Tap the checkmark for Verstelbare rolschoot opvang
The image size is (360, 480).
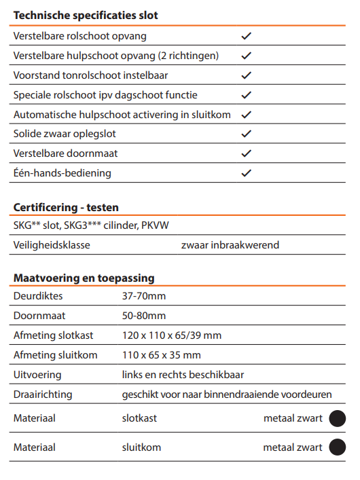point(247,36)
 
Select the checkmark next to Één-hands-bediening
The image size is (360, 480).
point(247,173)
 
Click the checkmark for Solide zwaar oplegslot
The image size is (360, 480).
point(247,134)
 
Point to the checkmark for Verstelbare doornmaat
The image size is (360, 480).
point(247,153)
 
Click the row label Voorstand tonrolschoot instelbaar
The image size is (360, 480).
point(90,75)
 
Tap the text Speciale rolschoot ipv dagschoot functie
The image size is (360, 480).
point(105,95)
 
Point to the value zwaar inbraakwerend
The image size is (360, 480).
point(230,245)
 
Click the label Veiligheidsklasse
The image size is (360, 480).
point(52,245)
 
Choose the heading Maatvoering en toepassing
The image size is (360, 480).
point(84,278)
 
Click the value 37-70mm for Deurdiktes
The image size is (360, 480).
point(144,296)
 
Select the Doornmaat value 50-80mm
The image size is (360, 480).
point(144,316)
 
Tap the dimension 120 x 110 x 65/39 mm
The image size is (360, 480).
point(172,335)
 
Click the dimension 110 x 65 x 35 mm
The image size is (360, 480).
point(162,355)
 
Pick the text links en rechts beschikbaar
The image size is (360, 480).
point(183,375)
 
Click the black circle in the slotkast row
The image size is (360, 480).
point(338,418)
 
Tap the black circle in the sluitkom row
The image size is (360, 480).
point(338,447)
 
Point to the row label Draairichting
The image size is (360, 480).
point(43,394)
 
